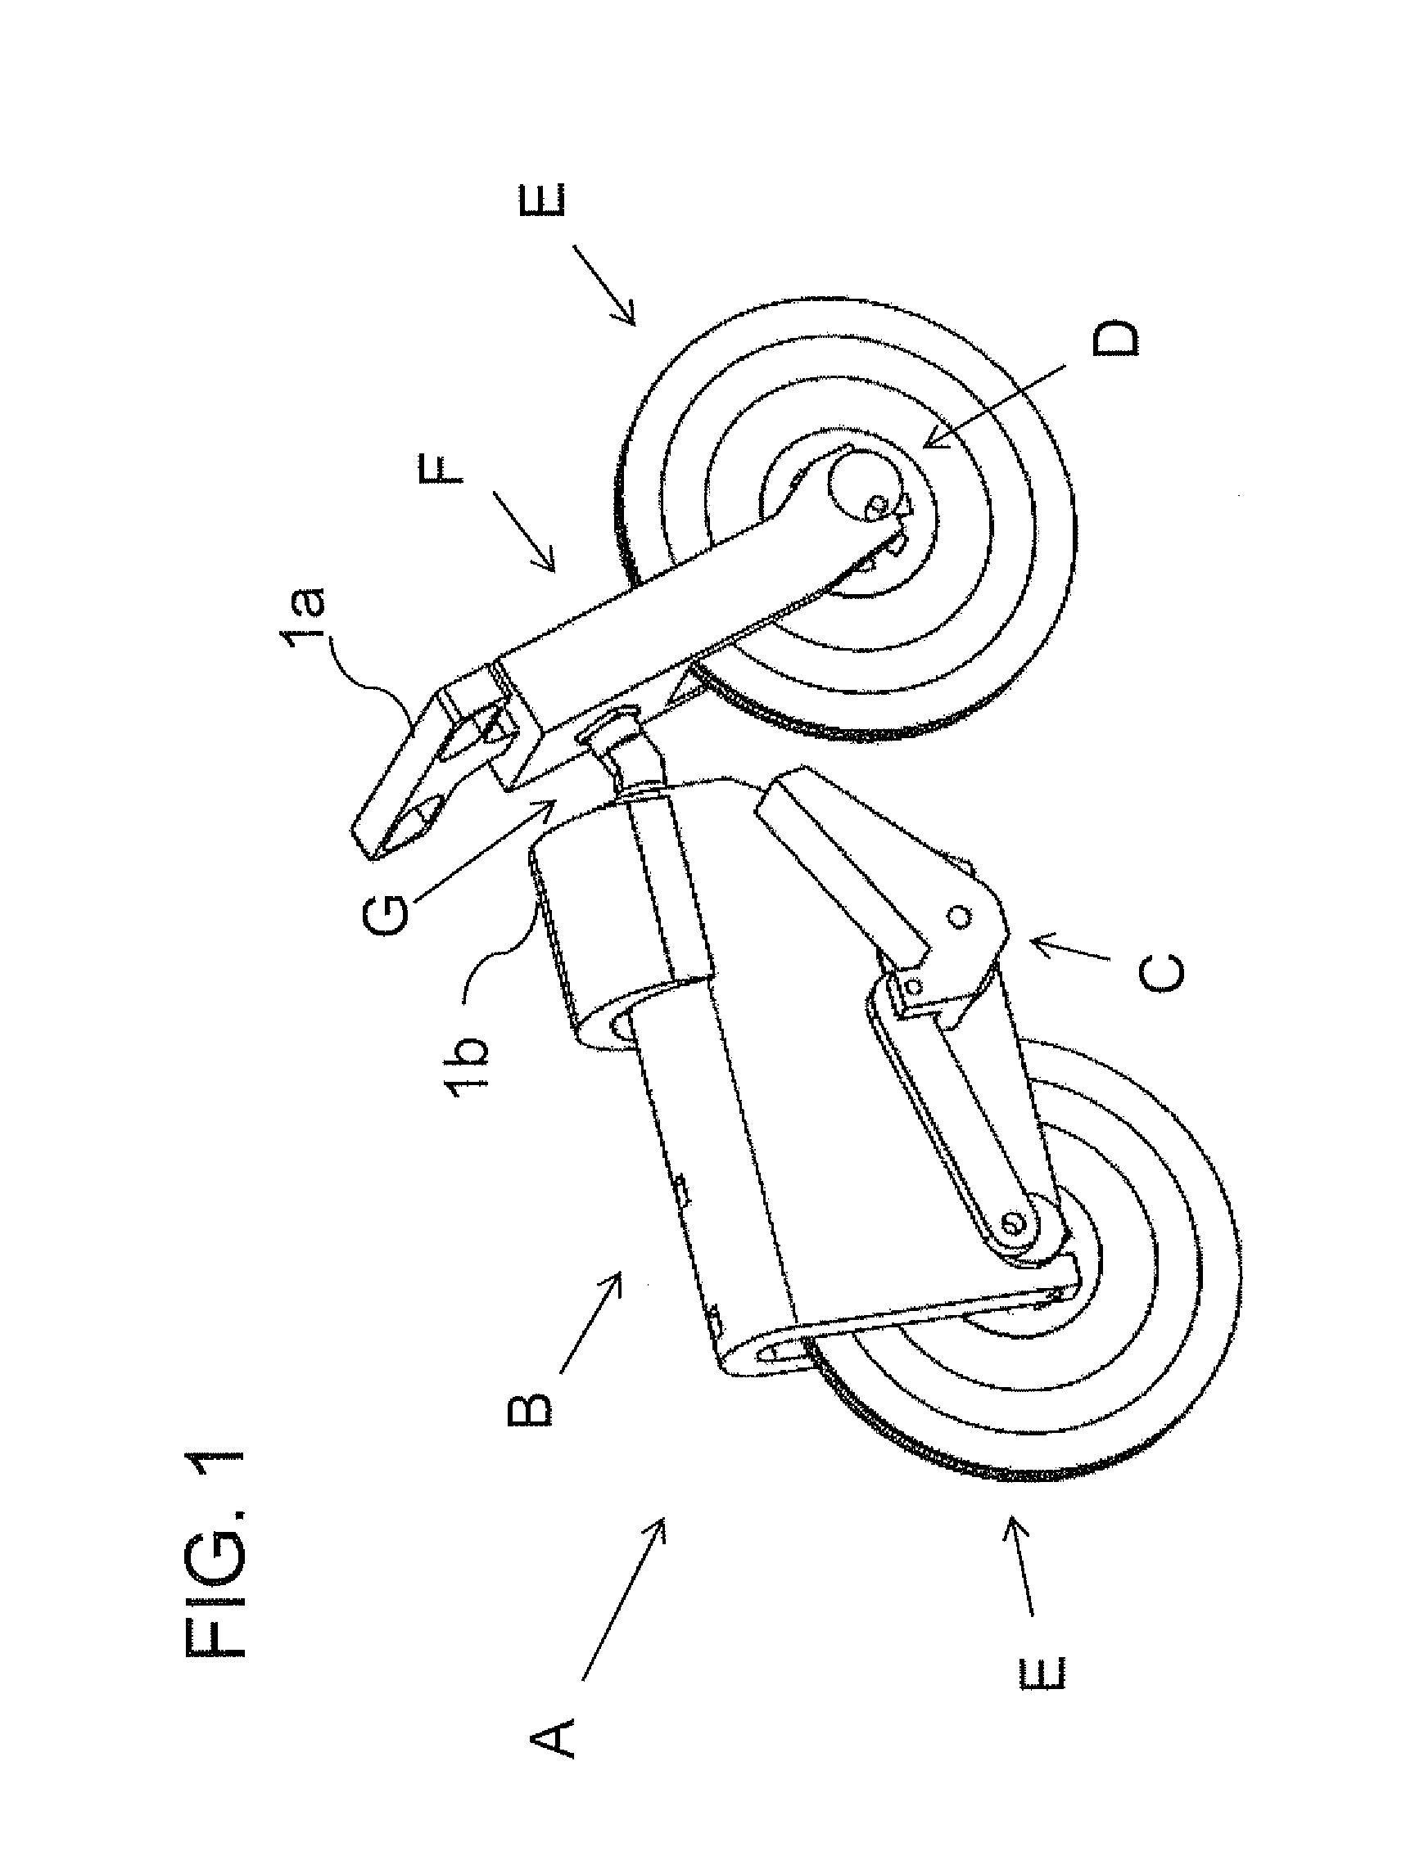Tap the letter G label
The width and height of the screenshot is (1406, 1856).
[386, 916]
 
